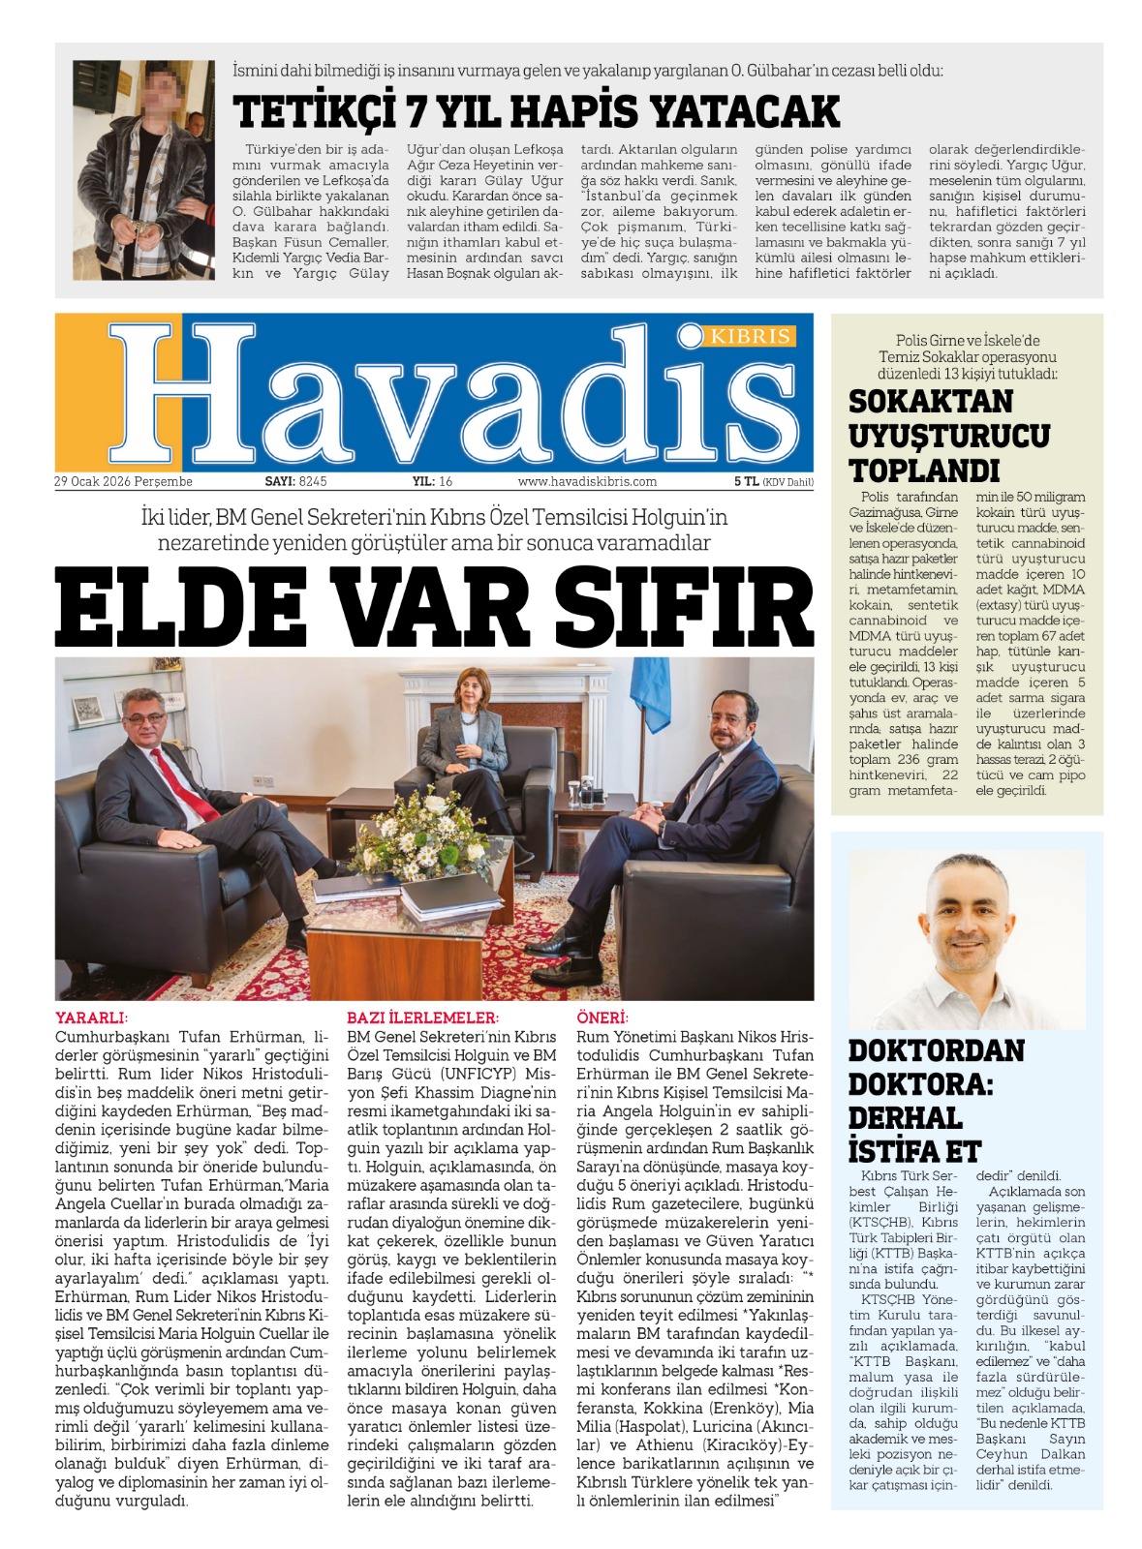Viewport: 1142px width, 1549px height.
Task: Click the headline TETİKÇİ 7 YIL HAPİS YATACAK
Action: pos(536,111)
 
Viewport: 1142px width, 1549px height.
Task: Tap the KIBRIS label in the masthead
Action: pos(751,336)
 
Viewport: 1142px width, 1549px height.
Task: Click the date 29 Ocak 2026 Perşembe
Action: pos(123,481)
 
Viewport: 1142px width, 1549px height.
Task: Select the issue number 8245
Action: pos(313,481)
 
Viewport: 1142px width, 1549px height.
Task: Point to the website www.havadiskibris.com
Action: pos(587,481)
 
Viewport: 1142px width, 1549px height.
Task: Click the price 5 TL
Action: pos(746,481)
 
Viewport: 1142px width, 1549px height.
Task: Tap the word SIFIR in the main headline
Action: pos(684,607)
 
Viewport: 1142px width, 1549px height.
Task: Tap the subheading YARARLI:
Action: pos(91,1017)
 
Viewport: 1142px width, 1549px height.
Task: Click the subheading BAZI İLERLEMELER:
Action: pos(422,1017)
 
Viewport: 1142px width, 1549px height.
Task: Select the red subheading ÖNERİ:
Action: pos(602,1017)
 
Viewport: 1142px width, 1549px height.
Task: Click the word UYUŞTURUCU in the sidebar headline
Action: pos(948,436)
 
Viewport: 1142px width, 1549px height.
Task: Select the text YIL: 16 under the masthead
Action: pos(432,481)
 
